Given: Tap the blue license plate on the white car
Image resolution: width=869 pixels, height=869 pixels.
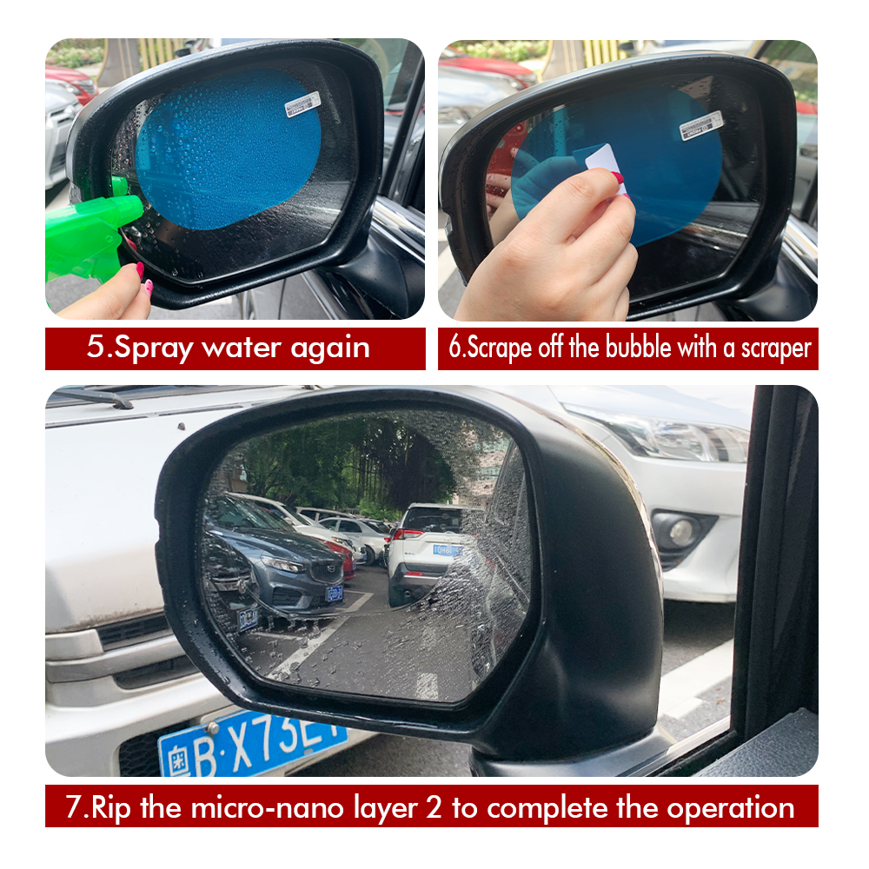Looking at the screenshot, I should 252,743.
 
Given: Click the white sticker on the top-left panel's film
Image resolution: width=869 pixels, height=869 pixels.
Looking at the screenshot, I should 302,103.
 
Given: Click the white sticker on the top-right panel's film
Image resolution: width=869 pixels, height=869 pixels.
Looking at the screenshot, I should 701,125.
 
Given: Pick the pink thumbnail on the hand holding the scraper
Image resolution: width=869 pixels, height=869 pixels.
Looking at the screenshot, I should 618,178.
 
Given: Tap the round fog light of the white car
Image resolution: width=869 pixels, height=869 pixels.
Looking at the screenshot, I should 680,532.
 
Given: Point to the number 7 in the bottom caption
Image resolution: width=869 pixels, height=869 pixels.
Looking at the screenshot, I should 73,807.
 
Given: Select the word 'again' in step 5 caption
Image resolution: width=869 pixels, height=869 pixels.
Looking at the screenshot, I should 329,348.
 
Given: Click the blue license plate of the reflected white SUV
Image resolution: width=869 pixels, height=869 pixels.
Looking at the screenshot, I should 447,550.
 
